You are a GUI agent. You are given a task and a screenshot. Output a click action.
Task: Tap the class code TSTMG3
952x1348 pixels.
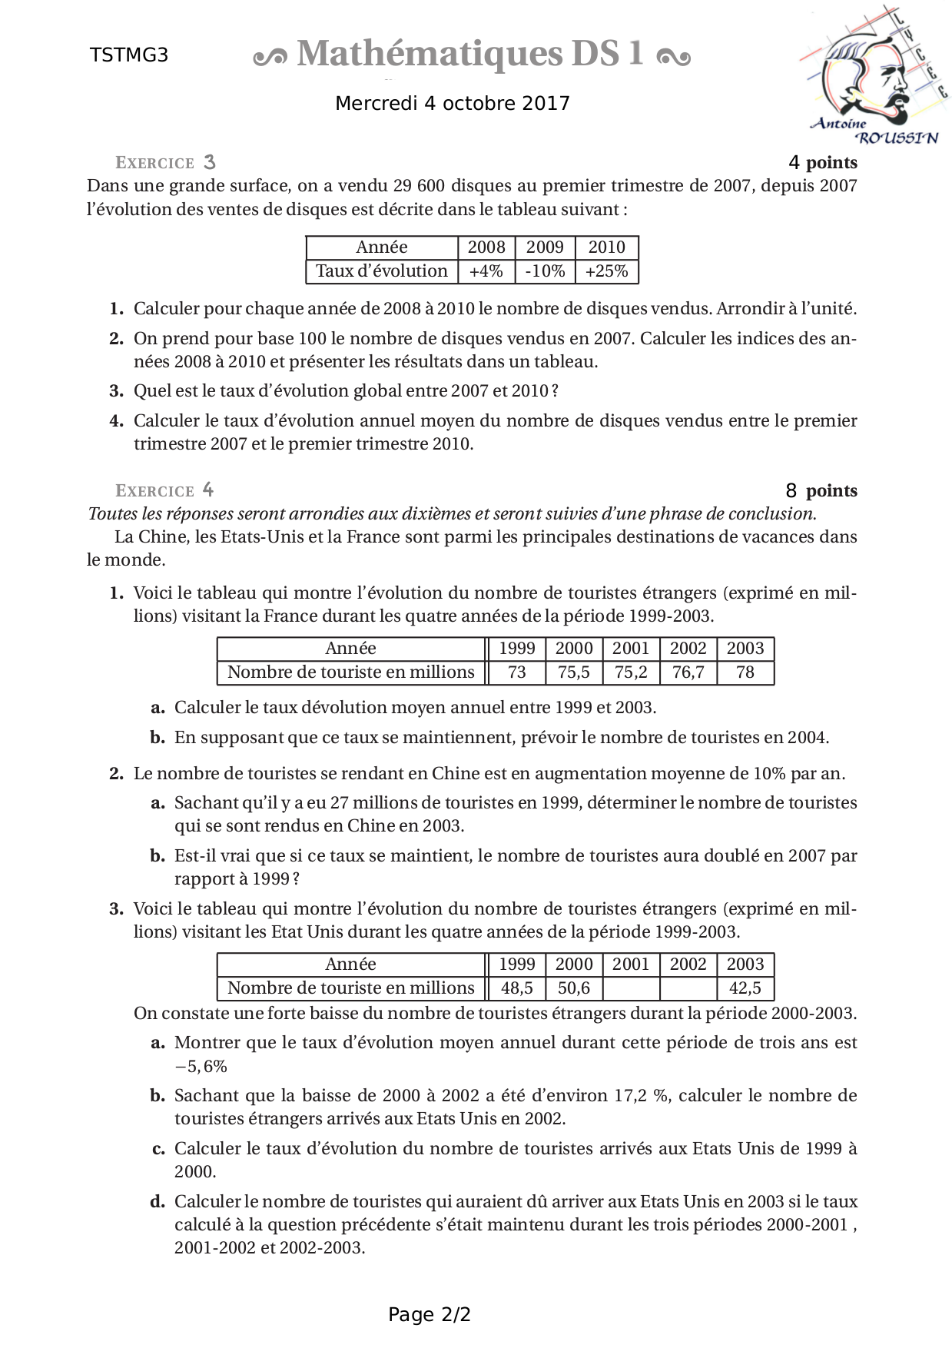129,55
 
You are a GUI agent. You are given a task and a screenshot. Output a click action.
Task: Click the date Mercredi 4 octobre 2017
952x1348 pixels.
453,104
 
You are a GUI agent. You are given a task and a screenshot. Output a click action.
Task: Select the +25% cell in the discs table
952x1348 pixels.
606,271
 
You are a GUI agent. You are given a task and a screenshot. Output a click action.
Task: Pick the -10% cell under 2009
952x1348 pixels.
545,271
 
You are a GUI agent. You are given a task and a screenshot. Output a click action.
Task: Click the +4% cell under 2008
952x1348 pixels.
486,271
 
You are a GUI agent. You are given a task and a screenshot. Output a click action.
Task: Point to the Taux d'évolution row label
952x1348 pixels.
382,271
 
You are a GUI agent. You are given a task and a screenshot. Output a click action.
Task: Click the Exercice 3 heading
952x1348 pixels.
165,163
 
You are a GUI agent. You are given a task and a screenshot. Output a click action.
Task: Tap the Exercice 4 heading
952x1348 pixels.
164,490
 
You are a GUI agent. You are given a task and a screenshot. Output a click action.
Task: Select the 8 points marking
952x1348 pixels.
821,490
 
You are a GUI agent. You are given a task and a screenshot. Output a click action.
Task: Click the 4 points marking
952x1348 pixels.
823,163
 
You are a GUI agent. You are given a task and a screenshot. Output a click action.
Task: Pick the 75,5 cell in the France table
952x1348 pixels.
574,672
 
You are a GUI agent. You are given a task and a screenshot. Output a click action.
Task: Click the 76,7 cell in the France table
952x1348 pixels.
688,672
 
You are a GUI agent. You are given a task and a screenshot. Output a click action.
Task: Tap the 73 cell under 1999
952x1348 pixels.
517,672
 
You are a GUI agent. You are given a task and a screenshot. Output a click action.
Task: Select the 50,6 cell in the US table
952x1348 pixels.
574,988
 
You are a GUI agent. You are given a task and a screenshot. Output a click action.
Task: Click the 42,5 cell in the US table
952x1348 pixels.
745,988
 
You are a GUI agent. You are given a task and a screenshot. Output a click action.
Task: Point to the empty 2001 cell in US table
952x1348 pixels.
631,988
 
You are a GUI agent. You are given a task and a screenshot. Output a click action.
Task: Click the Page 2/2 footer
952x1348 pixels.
430,1315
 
